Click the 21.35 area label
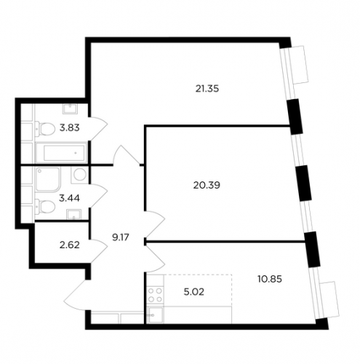click(x=207, y=89)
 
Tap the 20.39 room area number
click(x=207, y=186)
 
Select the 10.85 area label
click(x=270, y=279)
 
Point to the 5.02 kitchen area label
click(x=194, y=292)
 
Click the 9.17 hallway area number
click(x=121, y=237)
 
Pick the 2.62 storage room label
click(x=70, y=245)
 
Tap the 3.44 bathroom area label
click(x=69, y=198)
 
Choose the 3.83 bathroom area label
click(x=70, y=127)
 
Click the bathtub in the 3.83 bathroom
click(x=61, y=153)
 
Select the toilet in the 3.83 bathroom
click(x=45, y=129)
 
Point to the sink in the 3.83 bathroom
click(x=70, y=108)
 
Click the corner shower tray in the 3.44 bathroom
click(x=48, y=179)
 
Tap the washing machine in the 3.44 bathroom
click(x=79, y=175)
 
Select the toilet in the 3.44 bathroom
click(x=45, y=207)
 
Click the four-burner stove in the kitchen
click(x=155, y=295)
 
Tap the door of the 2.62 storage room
click(x=98, y=251)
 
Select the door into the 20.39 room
click(x=155, y=224)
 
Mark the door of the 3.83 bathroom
click(x=98, y=129)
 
